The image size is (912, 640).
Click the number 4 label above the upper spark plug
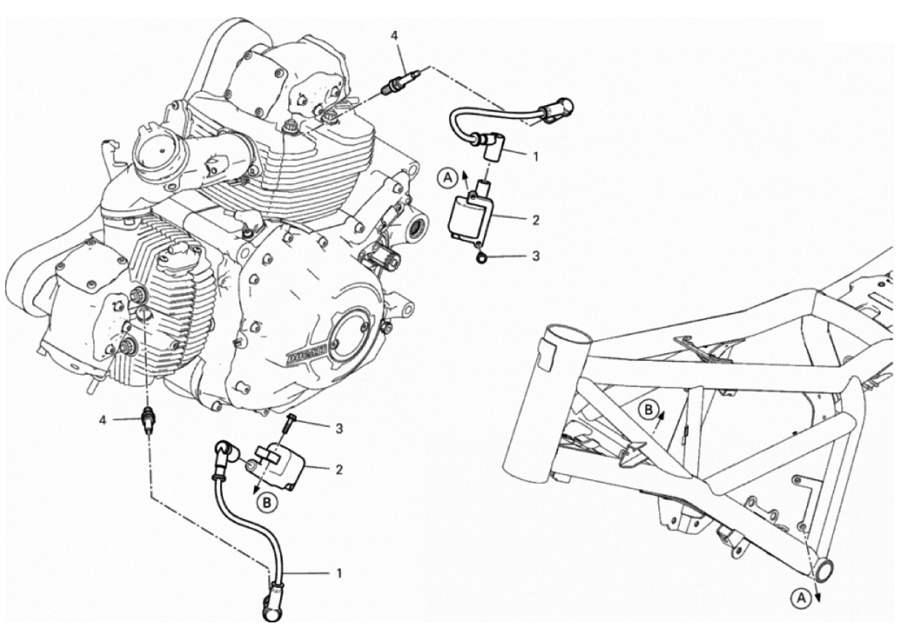pyautogui.click(x=395, y=36)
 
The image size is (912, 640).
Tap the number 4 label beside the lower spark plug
pyautogui.click(x=103, y=420)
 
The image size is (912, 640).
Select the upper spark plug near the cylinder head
pyautogui.click(x=400, y=80)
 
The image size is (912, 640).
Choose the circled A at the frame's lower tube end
pyautogui.click(x=801, y=597)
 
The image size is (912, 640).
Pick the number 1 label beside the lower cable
pyautogui.click(x=339, y=573)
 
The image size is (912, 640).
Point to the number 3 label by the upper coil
pyautogui.click(x=536, y=255)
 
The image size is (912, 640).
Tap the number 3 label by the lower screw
pyautogui.click(x=339, y=429)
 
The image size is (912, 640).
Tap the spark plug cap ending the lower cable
pyautogui.click(x=271, y=605)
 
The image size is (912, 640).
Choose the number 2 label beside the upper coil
pyautogui.click(x=536, y=220)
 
